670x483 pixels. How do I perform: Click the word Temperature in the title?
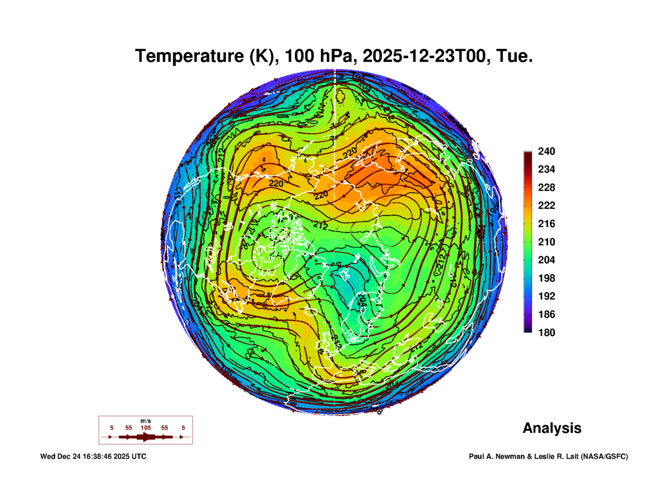(x=190, y=56)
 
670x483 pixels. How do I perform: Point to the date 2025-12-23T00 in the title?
(x=424, y=56)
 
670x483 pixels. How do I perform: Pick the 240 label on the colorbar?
(x=546, y=151)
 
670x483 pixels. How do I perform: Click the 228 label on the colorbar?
(x=546, y=188)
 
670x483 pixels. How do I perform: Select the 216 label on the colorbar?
(x=546, y=224)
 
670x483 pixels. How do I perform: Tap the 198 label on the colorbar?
(x=546, y=278)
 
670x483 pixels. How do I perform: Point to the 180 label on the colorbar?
(x=546, y=333)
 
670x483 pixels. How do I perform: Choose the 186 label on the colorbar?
(x=546, y=314)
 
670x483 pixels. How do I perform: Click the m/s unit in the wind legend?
(x=145, y=421)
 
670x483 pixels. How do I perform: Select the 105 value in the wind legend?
(x=145, y=428)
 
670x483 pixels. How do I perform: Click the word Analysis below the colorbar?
(x=552, y=428)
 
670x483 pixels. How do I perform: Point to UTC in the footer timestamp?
(x=139, y=456)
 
